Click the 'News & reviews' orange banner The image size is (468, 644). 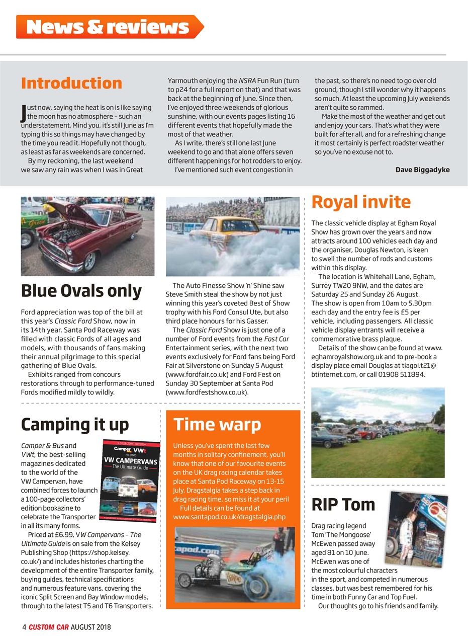tap(108, 27)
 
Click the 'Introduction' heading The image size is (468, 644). tap(71, 83)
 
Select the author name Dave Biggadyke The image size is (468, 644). tap(422, 170)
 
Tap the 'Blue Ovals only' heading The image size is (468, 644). tap(81, 291)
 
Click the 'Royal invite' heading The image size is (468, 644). tap(361, 202)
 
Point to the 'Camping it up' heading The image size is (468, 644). tap(75, 424)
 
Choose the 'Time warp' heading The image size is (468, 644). tap(217, 424)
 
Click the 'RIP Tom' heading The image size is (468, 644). tap(343, 504)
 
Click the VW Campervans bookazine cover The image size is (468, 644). tap(131, 481)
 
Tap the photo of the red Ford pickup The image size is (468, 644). tap(87, 236)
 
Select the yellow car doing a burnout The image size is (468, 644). tap(232, 236)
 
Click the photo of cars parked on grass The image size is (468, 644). tap(378, 432)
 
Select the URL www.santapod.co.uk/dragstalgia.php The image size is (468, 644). tap(229, 517)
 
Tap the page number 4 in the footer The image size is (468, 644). tap(24, 627)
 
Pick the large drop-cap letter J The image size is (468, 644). tap(23, 112)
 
